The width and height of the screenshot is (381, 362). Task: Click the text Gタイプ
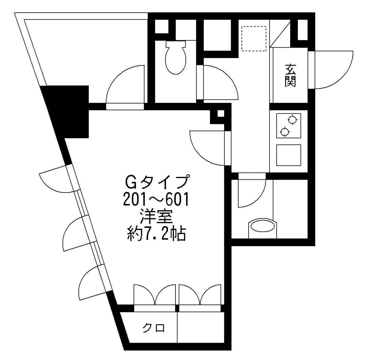click(156, 182)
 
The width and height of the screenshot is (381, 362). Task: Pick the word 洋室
click(156, 217)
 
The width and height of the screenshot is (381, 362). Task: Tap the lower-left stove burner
click(285, 132)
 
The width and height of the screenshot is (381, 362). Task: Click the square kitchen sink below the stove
click(289, 155)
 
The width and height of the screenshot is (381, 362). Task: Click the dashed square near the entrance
click(253, 38)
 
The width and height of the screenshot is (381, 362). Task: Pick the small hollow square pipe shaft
click(221, 113)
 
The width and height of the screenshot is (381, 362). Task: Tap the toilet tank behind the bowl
click(175, 44)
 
